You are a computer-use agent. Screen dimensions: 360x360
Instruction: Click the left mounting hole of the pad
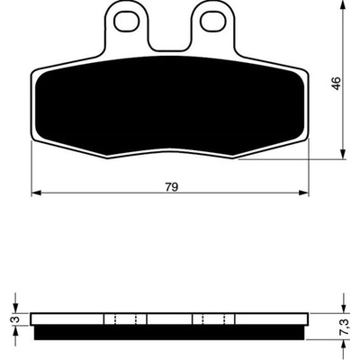point(128,22)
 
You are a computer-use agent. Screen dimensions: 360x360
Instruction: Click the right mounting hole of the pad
point(213,22)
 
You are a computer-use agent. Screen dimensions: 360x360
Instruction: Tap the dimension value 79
point(172,187)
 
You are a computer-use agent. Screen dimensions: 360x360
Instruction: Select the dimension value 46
point(337,83)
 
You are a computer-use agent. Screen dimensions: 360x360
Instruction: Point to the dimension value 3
point(17,319)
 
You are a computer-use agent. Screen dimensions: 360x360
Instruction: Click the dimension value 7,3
point(345,327)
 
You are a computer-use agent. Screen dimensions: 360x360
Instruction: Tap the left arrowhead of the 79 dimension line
point(36,193)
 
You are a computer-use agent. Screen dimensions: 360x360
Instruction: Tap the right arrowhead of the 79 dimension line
point(304,193)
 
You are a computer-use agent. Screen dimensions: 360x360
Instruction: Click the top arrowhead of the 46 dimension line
point(343,5)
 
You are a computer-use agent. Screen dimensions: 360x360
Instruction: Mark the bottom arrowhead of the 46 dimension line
point(343,154)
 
